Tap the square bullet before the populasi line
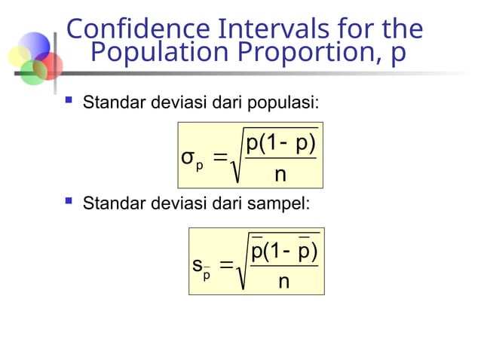click(69, 101)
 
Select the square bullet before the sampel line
click(69, 201)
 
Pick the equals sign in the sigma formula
click(220, 157)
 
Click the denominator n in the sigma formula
click(280, 175)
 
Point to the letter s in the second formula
click(197, 265)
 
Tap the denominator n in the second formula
click(283, 282)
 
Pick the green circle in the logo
click(32, 72)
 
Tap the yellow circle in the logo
click(19, 56)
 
